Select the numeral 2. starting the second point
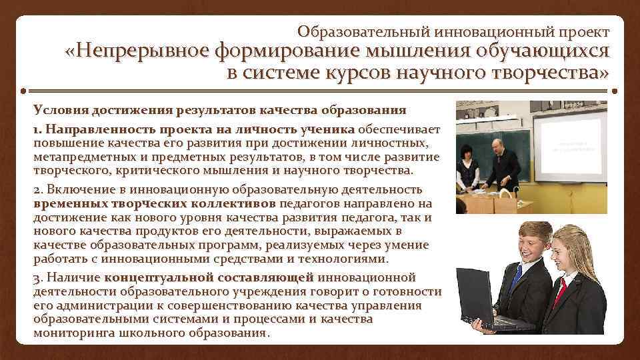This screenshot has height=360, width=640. tap(38, 189)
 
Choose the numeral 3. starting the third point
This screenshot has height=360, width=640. tap(38, 277)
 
